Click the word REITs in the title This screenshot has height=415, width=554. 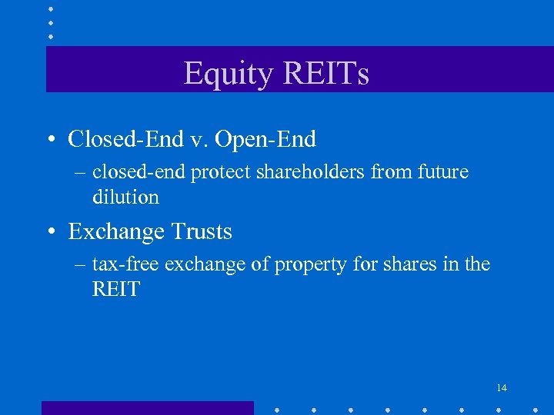coord(325,74)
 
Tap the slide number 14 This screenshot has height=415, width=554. coord(501,387)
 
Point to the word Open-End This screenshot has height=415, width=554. coord(265,139)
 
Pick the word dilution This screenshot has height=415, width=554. coord(125,198)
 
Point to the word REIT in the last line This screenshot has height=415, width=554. coord(116,290)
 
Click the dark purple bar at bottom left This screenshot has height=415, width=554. coord(147,407)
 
